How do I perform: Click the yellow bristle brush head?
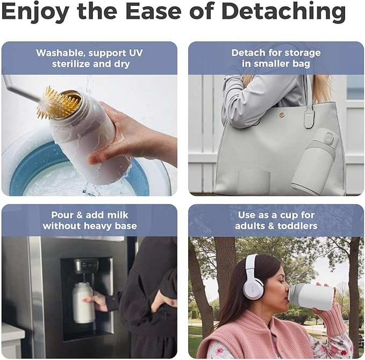click(x=57, y=103)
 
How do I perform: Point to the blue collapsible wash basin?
click(x=32, y=161)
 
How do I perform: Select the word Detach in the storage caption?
click(x=247, y=53)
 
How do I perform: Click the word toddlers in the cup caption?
click(x=298, y=226)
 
